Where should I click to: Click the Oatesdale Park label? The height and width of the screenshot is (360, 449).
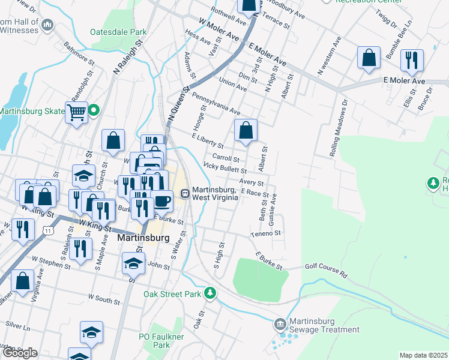(x=118, y=31)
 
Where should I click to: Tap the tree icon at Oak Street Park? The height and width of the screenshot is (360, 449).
(x=210, y=293)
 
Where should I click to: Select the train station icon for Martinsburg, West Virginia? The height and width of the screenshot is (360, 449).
(x=185, y=193)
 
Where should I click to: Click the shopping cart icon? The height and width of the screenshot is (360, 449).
(x=77, y=112)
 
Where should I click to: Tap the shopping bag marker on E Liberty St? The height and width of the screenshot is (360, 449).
(x=246, y=130)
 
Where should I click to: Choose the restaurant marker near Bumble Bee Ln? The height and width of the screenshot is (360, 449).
(x=412, y=59)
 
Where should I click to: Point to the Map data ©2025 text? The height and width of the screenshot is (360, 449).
(x=423, y=355)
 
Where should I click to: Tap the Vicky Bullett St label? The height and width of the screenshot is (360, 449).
(x=225, y=169)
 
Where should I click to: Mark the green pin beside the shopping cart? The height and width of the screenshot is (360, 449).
(x=94, y=110)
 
